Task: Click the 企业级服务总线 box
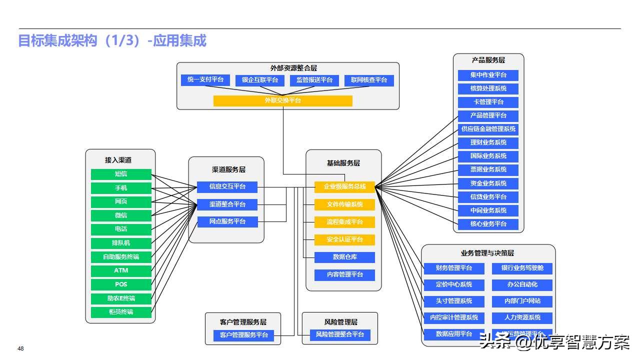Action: (x=344, y=187)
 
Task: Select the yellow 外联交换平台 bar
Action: (x=282, y=100)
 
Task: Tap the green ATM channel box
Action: (x=121, y=270)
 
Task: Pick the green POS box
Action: (x=121, y=284)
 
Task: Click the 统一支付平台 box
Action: (x=205, y=80)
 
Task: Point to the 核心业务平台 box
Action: (x=488, y=224)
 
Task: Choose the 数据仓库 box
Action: (x=344, y=257)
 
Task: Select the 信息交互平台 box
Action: (x=227, y=187)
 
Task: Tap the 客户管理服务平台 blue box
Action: (x=243, y=335)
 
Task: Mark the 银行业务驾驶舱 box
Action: (x=522, y=268)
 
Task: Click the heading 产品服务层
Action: (x=488, y=60)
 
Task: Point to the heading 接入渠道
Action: (x=118, y=160)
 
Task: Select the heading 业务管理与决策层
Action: (x=487, y=253)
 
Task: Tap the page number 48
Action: (x=20, y=348)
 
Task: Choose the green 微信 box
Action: (x=121, y=215)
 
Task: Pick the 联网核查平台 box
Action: (x=369, y=80)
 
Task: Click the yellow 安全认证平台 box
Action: (x=344, y=239)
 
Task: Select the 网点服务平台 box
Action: (x=227, y=221)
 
